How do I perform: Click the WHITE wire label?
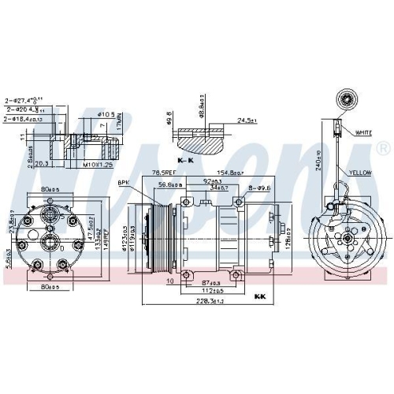click(364, 132)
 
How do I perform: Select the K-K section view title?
click(188, 159)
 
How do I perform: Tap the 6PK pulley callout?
click(124, 182)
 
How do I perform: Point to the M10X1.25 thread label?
click(98, 165)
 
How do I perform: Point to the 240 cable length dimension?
click(318, 160)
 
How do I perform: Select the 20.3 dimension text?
click(43, 165)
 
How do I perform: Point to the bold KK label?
click(260, 297)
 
